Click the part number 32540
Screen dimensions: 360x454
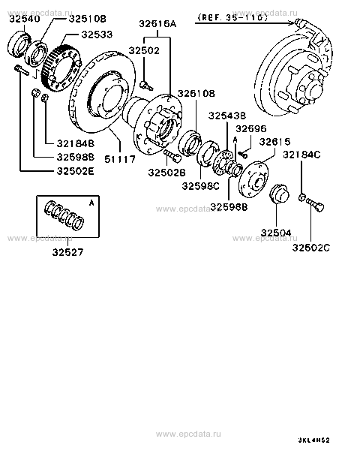click(x=25, y=19)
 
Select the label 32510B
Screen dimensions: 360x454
click(x=88, y=19)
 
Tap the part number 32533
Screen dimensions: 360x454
click(x=97, y=35)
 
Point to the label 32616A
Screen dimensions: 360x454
click(x=157, y=23)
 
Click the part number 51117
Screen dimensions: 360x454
click(x=120, y=159)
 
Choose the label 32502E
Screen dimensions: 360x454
click(x=76, y=171)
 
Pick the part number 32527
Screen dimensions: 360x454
click(x=67, y=252)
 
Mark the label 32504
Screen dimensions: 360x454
click(x=276, y=233)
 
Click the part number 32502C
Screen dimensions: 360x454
click(x=311, y=248)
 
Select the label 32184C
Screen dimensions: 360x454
click(x=301, y=155)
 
